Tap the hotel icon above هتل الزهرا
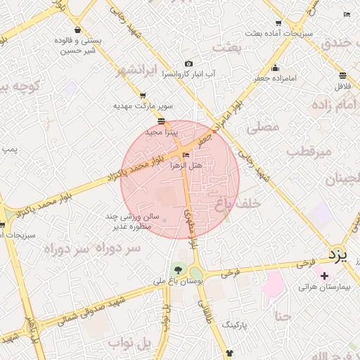tap(186, 155)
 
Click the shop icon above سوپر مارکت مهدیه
tap(143, 96)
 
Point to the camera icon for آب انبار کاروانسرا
tap(188, 64)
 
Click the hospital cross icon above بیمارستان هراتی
tap(323, 276)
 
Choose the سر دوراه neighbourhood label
tap(84, 248)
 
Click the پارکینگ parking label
tap(237, 326)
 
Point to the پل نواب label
tap(130, 342)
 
